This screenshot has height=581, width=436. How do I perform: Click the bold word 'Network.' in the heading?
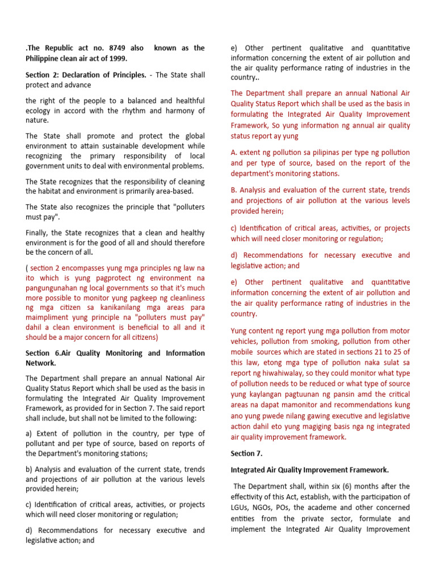coord(41,363)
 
